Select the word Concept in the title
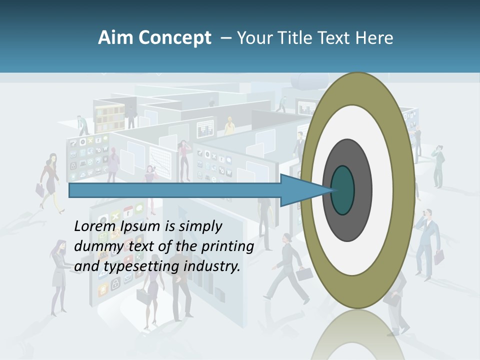coord(174,38)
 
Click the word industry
coord(212,266)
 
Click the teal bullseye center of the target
coord(343,190)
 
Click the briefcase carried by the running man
coord(303,273)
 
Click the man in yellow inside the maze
coord(229,125)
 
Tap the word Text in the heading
coord(335,38)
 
